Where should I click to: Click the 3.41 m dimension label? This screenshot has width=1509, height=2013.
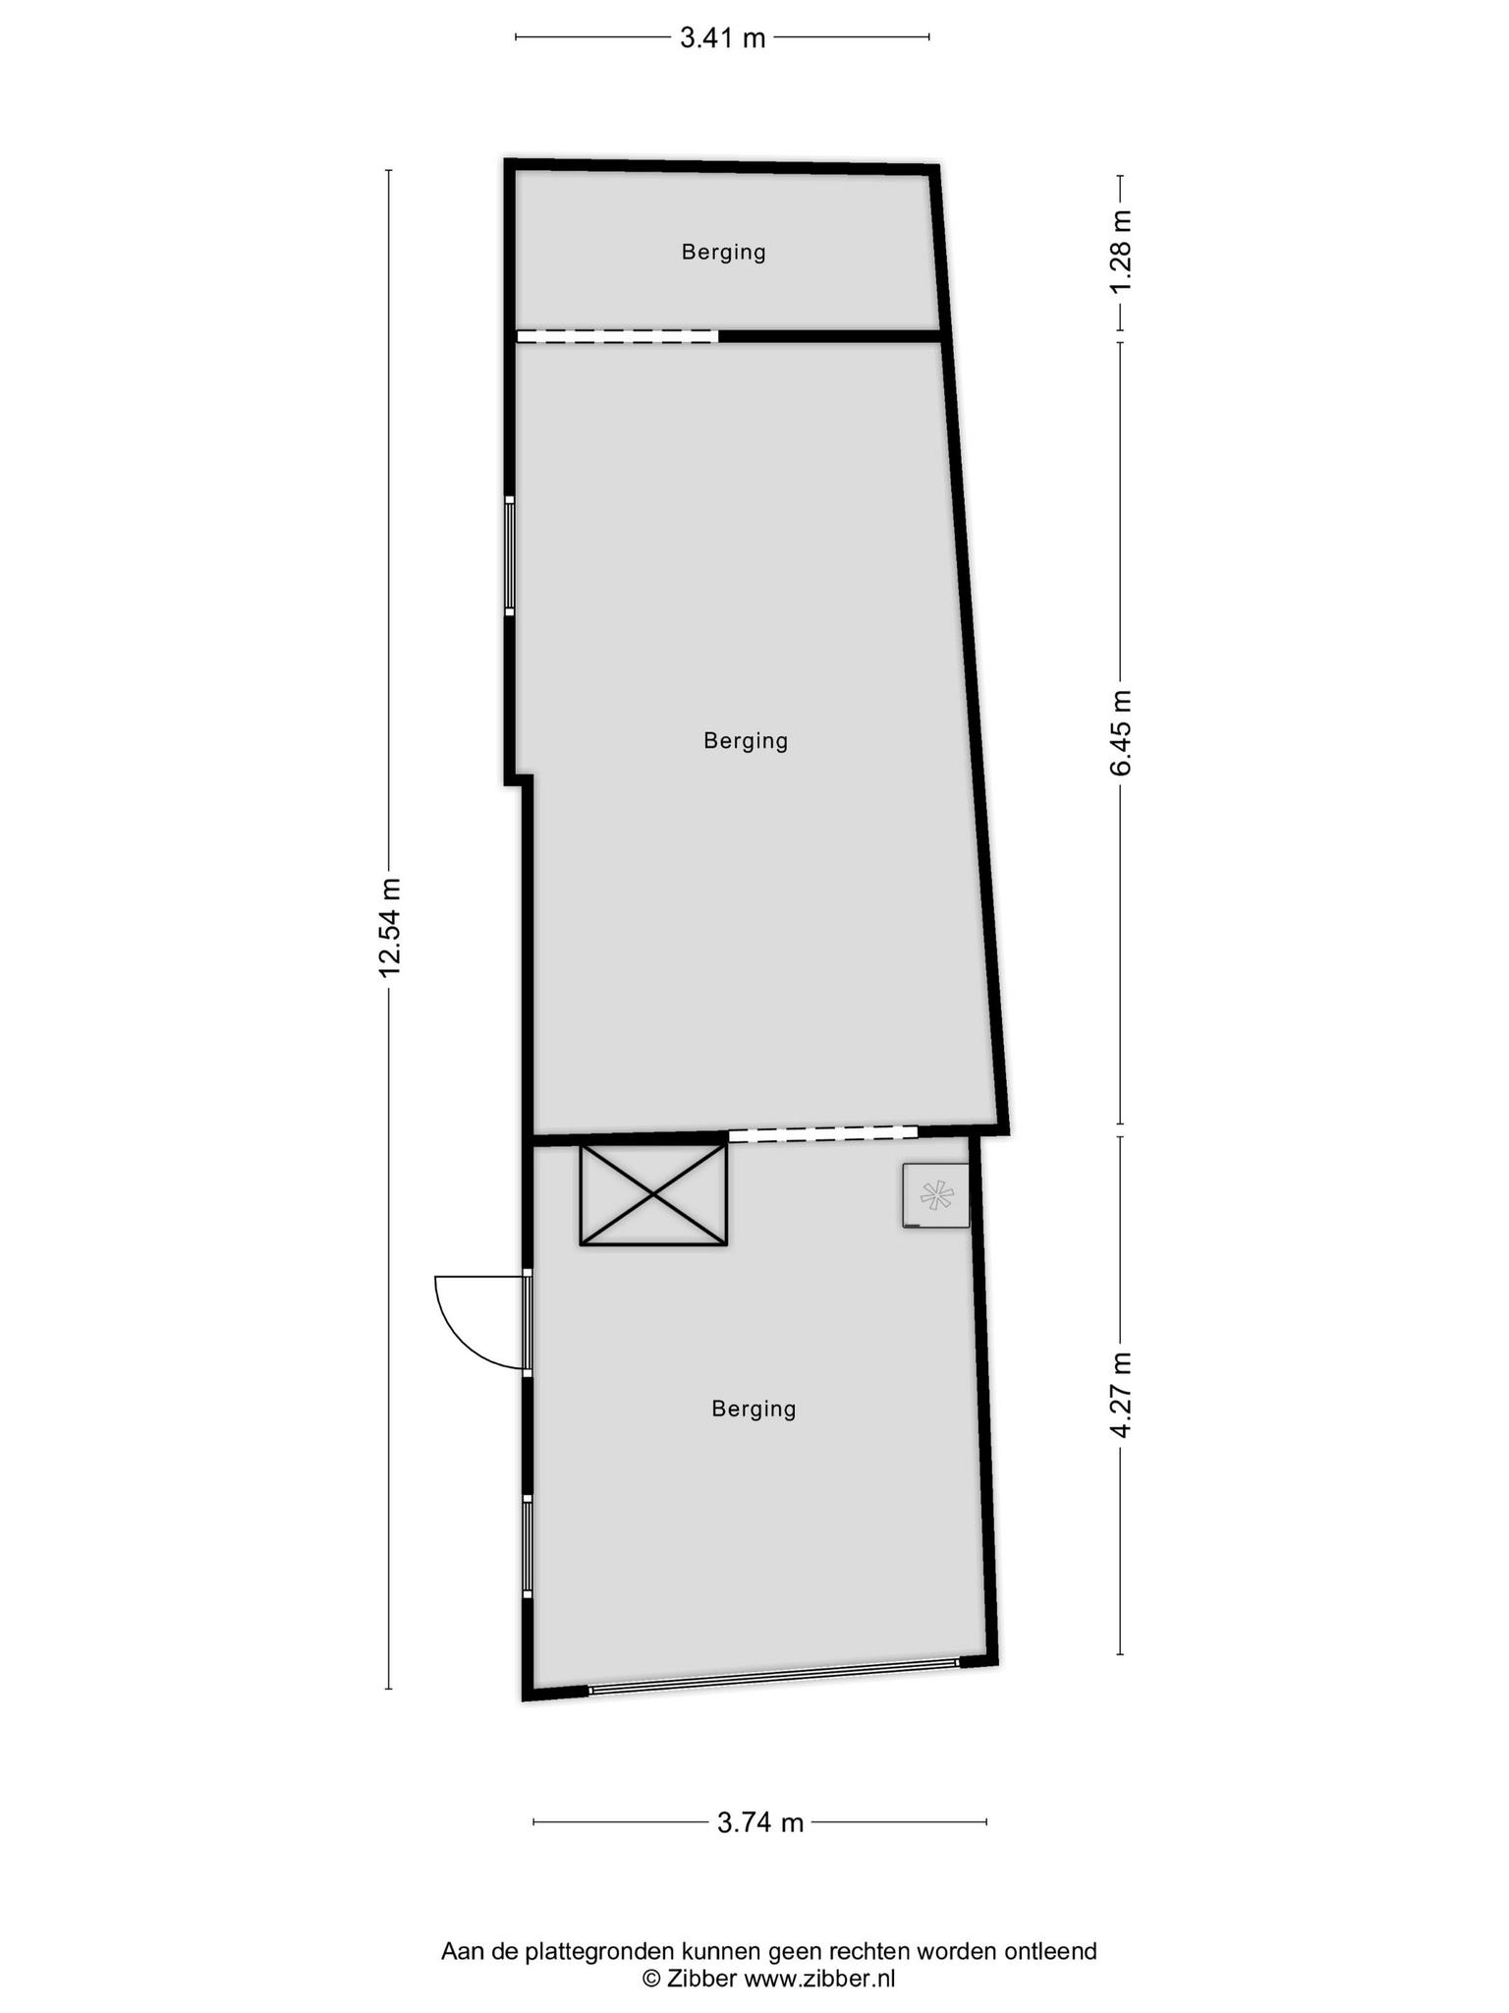(722, 38)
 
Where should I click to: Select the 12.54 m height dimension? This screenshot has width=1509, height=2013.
(390, 927)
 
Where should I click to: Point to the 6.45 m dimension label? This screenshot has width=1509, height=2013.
(1121, 732)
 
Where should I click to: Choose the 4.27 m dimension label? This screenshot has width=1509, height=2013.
(1121, 1396)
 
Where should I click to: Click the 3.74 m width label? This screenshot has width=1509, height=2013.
(760, 1823)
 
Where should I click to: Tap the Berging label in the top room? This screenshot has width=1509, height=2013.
(724, 253)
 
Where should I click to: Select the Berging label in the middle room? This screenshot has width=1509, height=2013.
(746, 741)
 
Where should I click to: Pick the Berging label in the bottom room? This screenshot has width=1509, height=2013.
(754, 1409)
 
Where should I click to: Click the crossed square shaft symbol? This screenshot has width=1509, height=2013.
(653, 1194)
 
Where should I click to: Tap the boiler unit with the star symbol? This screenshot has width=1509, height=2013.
(935, 1195)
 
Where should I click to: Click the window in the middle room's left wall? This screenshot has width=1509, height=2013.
(510, 555)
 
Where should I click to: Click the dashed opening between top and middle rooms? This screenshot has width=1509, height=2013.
(618, 336)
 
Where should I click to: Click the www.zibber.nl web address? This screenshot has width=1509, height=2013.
(819, 1979)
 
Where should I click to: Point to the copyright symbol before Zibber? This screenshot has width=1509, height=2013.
(651, 1979)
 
